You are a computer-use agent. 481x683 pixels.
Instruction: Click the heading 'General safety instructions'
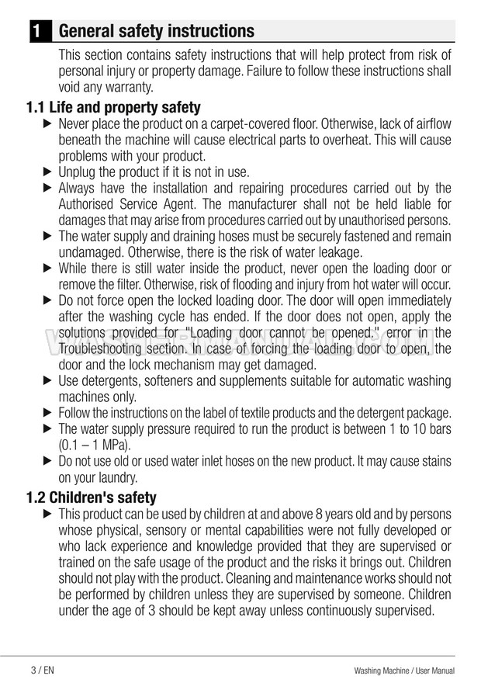(156, 31)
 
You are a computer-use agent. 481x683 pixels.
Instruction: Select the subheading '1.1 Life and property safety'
(113, 107)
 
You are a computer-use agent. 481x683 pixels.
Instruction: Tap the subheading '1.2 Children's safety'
(92, 498)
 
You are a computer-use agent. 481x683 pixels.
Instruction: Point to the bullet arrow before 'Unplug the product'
(47, 172)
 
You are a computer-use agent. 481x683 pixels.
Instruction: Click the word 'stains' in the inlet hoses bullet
(431, 462)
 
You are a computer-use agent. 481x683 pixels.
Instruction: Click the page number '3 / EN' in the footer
(42, 669)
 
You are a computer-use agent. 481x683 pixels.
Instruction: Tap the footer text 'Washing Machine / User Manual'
(403, 670)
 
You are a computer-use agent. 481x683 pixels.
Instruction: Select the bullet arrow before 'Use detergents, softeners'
(47, 380)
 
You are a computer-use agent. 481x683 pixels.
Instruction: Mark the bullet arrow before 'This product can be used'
(47, 515)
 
